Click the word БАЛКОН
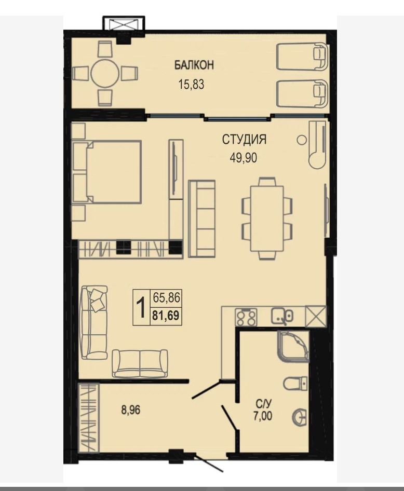coord(194,65)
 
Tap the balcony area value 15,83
coord(191,85)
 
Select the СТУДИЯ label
coord(244,139)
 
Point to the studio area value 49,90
coord(244,158)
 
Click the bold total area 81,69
coord(166,316)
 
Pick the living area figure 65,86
coord(166,297)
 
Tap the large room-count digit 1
coord(142,307)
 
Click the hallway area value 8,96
coord(130,410)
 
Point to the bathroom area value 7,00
coord(263,416)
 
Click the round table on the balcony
coord(104,74)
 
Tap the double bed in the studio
coord(106,172)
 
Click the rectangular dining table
coord(267,219)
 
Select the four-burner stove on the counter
coord(246,317)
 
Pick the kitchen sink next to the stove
coord(282,316)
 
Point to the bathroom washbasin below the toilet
coord(300,417)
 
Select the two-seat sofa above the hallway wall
coord(140,363)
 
